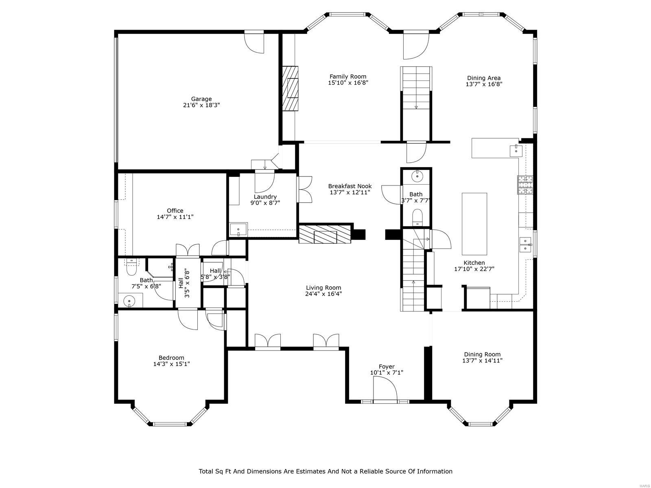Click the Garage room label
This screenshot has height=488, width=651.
(x=201, y=99)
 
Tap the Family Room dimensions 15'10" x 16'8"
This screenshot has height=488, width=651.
(x=348, y=83)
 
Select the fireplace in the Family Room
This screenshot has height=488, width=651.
(x=291, y=88)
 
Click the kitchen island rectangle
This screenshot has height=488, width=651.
(x=474, y=223)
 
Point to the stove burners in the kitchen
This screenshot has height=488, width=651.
(x=525, y=185)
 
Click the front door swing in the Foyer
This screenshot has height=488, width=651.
(x=385, y=389)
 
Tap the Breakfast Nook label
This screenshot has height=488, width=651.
(x=350, y=186)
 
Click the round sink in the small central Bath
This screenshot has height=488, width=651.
(x=417, y=176)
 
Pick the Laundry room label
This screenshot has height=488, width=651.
(x=265, y=197)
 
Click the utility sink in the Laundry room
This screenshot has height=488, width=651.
(x=238, y=230)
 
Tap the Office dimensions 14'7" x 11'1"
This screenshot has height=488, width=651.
(x=175, y=217)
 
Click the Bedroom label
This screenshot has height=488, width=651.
(x=171, y=358)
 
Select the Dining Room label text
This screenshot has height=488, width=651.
(x=482, y=354)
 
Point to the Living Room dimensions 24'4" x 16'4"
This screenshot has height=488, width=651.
(x=323, y=294)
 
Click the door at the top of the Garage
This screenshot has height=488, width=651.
(x=254, y=43)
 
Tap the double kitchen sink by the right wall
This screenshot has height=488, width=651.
(x=526, y=244)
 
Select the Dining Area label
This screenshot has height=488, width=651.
(x=484, y=78)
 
